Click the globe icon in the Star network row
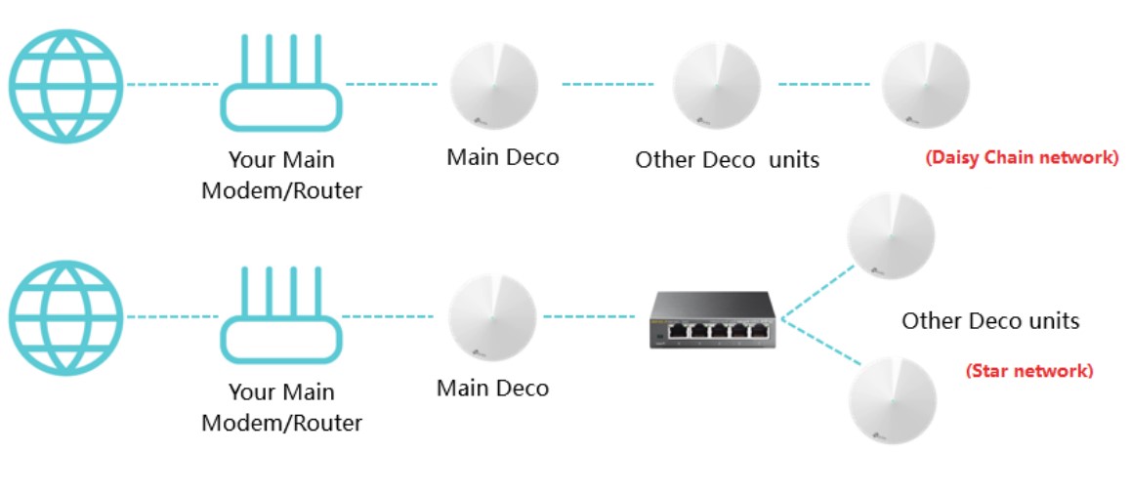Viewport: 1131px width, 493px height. pos(66,316)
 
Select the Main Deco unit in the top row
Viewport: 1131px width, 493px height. pos(494,86)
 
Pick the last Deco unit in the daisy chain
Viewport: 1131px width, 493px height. pos(925,86)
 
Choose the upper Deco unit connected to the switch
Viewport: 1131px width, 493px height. pos(890,235)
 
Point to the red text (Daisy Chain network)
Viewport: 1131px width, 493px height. pos(1021,157)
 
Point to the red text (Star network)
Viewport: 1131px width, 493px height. pos(1029,371)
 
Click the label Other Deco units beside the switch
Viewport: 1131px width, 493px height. pos(990,320)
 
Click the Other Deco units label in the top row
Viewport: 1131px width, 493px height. pos(727,159)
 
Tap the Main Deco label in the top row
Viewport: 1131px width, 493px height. pos(503,157)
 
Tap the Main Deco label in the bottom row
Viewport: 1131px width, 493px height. pos(492,388)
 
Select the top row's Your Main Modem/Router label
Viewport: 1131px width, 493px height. pos(281,175)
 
